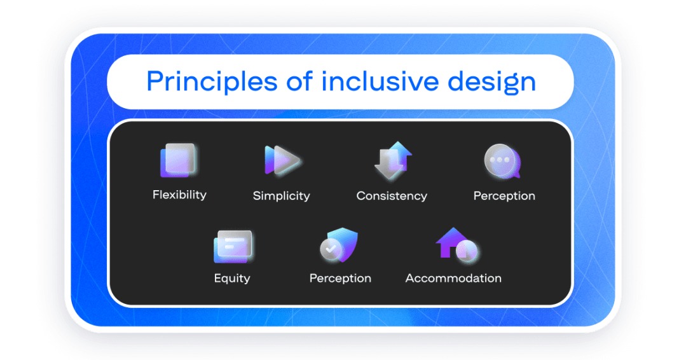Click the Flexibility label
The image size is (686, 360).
tap(179, 195)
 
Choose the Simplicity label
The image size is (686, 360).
tap(281, 196)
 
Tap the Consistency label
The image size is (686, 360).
tap(392, 196)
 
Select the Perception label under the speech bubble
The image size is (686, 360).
tap(504, 196)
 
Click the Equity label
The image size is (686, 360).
tap(232, 278)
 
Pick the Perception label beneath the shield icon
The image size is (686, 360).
tap(340, 278)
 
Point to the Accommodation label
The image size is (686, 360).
tap(453, 278)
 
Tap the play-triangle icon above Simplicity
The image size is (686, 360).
tap(282, 160)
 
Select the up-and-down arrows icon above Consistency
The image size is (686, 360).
tap(392, 160)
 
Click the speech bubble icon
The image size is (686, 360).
tap(502, 161)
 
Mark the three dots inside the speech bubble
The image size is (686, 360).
tap(500, 159)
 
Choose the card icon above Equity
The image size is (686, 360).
tap(233, 246)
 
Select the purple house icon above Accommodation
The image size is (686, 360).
tap(453, 243)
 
